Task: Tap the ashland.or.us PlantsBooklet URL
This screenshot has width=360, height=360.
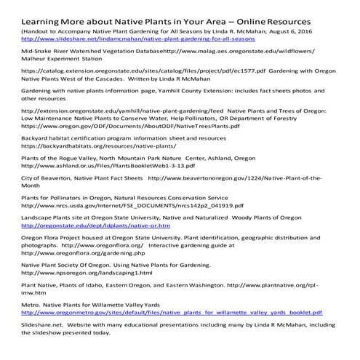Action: pyautogui.click(x=105, y=167)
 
